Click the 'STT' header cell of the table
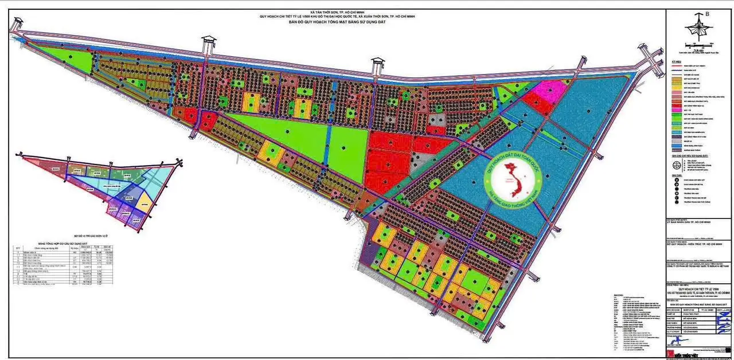(19, 248)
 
